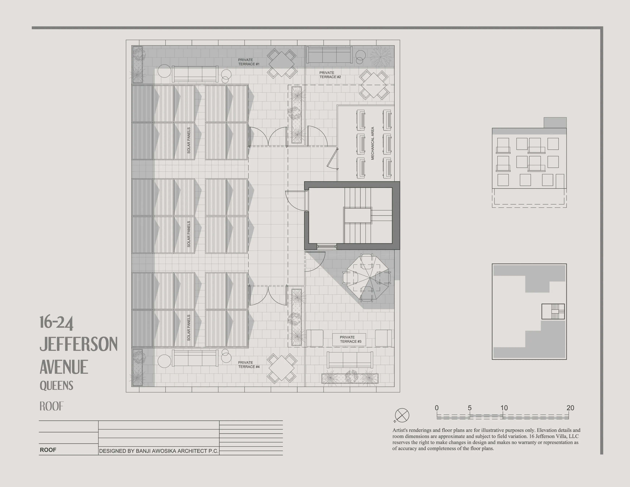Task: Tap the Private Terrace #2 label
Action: click(330, 75)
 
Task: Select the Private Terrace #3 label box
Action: click(349, 339)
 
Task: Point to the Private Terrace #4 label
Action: click(249, 365)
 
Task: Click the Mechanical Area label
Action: click(372, 143)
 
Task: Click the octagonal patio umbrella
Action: click(370, 278)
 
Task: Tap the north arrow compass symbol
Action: click(402, 415)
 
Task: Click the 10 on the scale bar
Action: click(504, 408)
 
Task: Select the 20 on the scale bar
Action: click(570, 408)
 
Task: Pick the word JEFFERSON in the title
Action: click(78, 344)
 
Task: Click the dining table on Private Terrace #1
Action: click(281, 64)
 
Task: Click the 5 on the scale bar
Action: click(470, 408)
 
